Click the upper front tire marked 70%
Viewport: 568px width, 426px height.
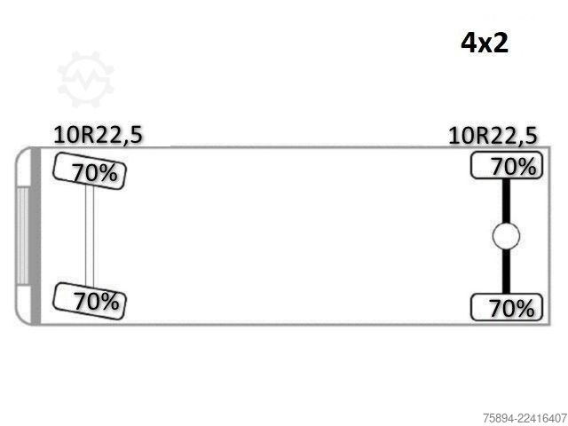[90, 171]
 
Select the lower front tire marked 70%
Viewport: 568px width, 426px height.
[90, 301]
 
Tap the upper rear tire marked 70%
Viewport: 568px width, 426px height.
[507, 166]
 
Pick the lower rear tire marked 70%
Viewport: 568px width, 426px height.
[507, 307]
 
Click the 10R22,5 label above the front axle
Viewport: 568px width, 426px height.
[98, 135]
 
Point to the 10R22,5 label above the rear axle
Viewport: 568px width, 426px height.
[493, 136]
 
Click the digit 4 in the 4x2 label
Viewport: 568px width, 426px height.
[468, 43]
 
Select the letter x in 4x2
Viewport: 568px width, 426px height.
[484, 45]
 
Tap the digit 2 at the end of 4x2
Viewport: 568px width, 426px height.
[501, 43]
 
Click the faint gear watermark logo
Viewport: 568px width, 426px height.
[86, 79]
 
